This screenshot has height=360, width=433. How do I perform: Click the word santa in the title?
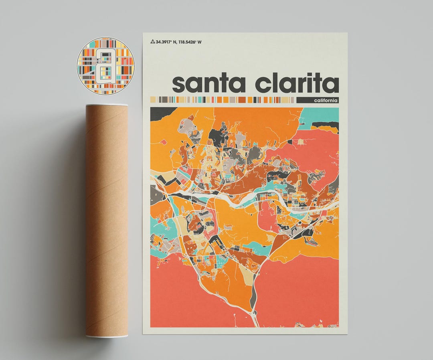208,84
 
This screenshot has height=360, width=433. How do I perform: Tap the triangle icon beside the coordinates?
152,41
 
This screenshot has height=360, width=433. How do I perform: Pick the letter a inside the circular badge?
105,66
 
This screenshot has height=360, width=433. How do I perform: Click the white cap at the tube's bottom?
107,336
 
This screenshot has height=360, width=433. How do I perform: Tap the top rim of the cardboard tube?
107,105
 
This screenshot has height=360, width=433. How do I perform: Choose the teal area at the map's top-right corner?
319,115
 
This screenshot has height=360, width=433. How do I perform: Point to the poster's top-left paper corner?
144,33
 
